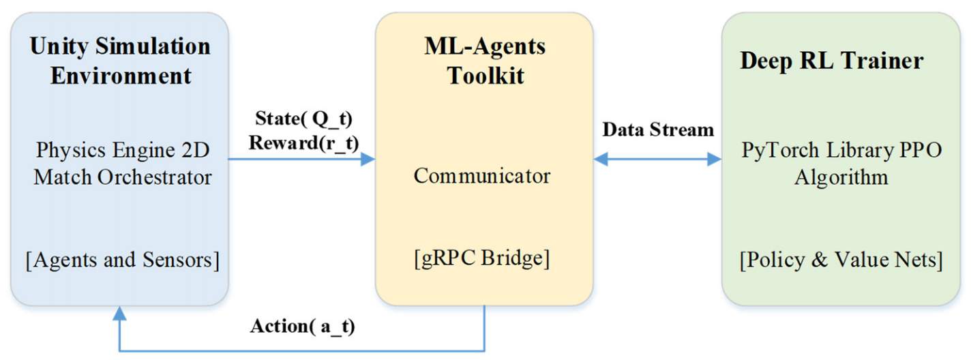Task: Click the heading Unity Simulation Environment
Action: click(120, 61)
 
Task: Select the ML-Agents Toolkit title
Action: click(485, 61)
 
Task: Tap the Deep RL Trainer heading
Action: click(832, 61)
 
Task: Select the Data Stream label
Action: click(658, 130)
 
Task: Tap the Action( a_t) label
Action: click(303, 327)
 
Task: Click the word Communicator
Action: click(481, 175)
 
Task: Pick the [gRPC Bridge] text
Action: click(481, 259)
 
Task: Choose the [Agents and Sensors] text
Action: click(119, 260)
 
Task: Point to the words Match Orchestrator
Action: click(123, 177)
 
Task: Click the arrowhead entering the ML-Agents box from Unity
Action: click(368, 160)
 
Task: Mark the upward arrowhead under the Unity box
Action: click(120, 313)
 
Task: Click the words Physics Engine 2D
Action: click(123, 150)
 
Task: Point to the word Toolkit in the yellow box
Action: click(485, 75)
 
